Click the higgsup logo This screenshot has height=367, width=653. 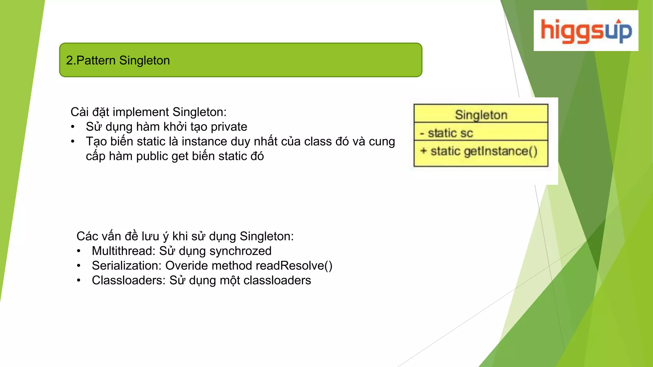586,31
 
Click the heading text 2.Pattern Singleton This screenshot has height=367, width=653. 118,60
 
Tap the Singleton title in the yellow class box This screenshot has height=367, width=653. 481,115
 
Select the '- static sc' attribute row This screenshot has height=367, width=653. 446,133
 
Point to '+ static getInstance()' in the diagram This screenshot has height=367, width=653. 479,151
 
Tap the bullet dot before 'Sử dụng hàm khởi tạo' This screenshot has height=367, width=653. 73,127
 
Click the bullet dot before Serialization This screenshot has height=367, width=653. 79,266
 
